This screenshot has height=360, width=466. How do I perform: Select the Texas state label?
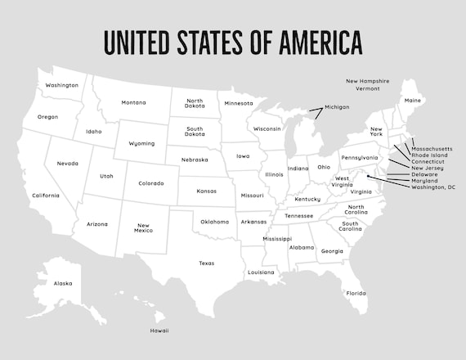point(206,263)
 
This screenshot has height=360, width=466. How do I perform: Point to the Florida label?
point(355,293)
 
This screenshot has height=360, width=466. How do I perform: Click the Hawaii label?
point(159,331)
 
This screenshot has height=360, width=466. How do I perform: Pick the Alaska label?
point(63,283)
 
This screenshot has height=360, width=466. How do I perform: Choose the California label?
point(46,196)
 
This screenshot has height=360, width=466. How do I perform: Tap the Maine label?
point(413,101)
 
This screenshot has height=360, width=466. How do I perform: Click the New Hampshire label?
point(367,81)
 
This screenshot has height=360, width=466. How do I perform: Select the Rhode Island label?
point(429,155)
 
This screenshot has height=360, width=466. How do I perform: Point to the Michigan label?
point(337,107)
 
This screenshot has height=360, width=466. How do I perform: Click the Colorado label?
point(151,183)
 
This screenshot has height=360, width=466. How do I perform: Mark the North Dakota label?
point(194,104)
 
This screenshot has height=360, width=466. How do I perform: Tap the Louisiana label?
point(262,272)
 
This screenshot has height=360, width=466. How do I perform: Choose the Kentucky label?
point(308,199)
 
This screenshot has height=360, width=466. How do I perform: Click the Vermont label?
point(368,88)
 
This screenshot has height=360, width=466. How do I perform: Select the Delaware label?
point(424,174)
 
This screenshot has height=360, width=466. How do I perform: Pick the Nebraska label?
point(195,160)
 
